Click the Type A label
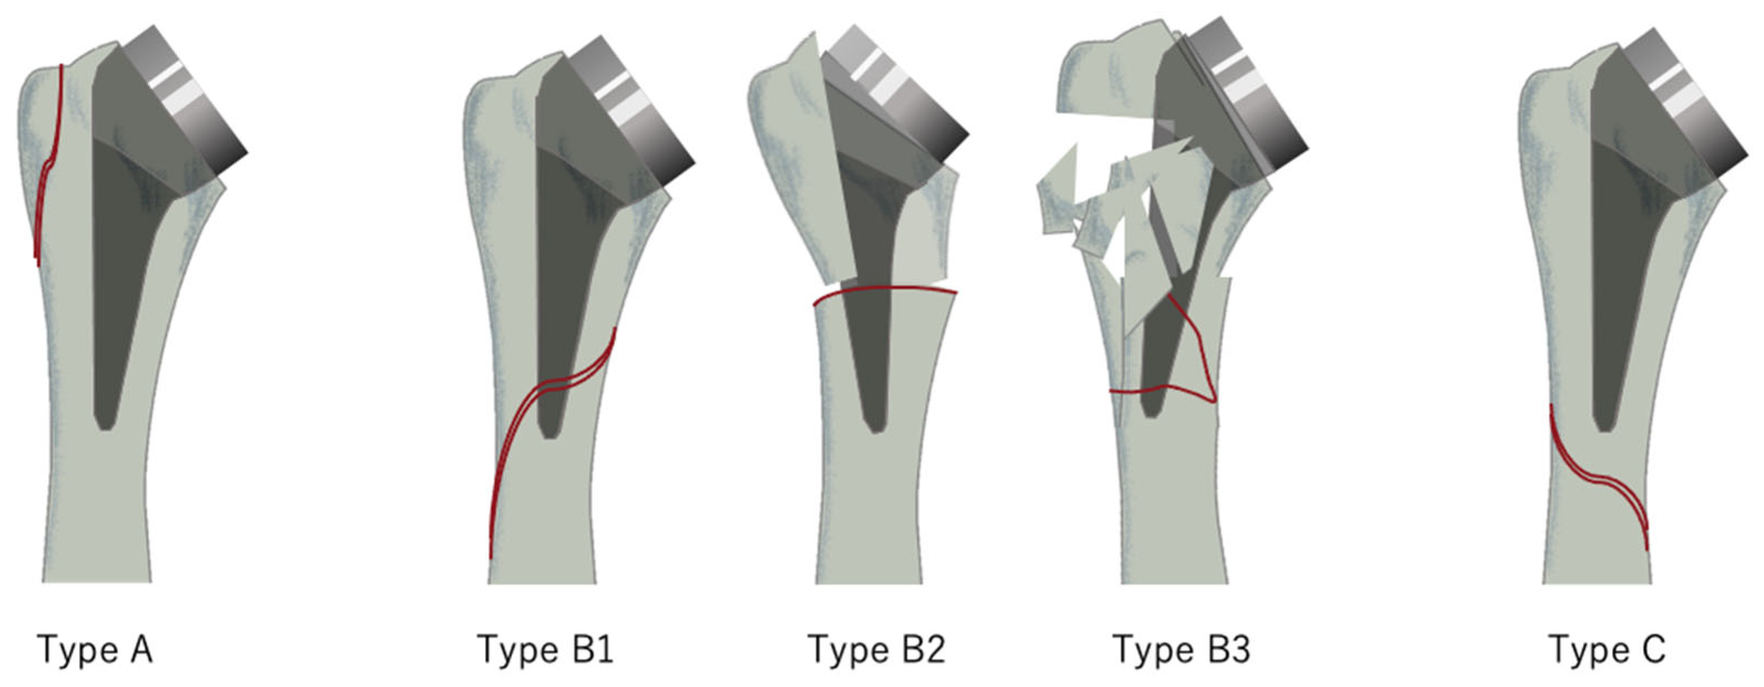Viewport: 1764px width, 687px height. [94, 649]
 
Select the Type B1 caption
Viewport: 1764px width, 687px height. [545, 649]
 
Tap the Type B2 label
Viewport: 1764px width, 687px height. [876, 649]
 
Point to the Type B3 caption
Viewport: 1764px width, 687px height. [1182, 649]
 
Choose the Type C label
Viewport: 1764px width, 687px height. [1607, 649]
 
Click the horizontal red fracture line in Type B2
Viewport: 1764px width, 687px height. [883, 290]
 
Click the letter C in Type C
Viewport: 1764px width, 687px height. [1651, 649]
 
